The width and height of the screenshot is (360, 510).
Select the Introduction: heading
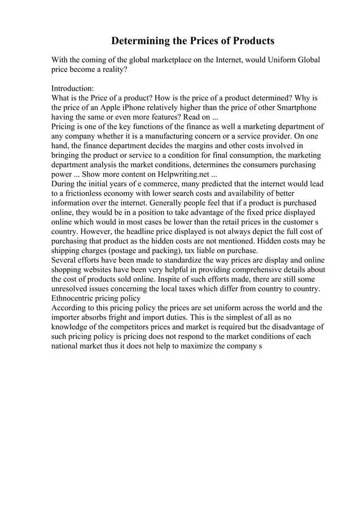click(73, 88)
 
